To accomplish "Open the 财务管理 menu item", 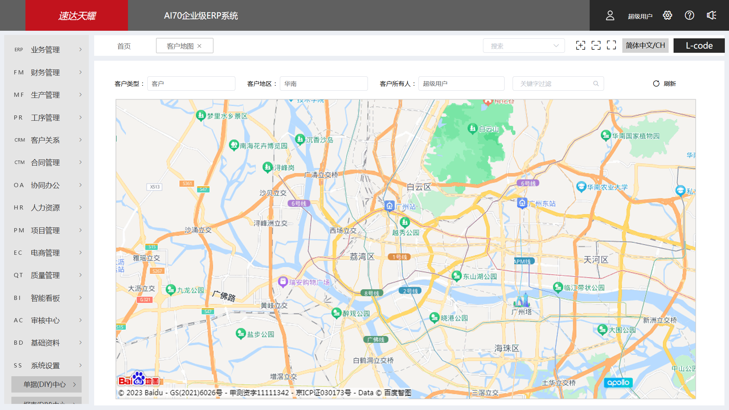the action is point(45,73).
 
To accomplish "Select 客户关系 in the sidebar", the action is point(45,140).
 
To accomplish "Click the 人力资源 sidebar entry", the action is point(45,208).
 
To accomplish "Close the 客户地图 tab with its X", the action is point(199,46).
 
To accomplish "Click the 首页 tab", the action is point(124,46).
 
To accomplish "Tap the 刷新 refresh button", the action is point(664,84).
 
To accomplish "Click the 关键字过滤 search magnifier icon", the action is point(596,84).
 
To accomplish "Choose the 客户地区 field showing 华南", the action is point(323,84).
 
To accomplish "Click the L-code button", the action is point(699,46).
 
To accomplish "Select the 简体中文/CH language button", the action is point(645,46).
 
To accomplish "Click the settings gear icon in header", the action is point(667,15).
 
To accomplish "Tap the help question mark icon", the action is point(689,15).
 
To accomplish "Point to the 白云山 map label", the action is point(488,129).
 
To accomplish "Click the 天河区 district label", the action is point(595,260).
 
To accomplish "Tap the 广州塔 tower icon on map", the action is point(522,301).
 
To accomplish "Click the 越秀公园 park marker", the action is point(405,222).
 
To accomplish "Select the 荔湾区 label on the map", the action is point(362,257).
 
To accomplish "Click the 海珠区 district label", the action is point(506,348).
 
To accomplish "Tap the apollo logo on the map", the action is point(618,383).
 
